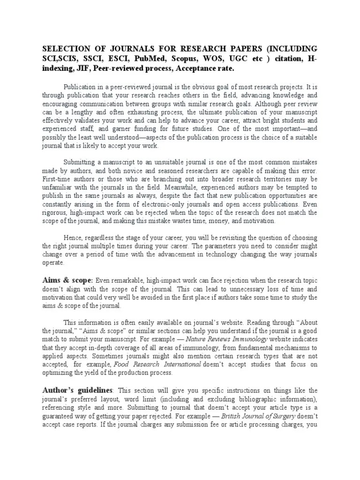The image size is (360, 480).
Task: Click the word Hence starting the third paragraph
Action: [x=73, y=238]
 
